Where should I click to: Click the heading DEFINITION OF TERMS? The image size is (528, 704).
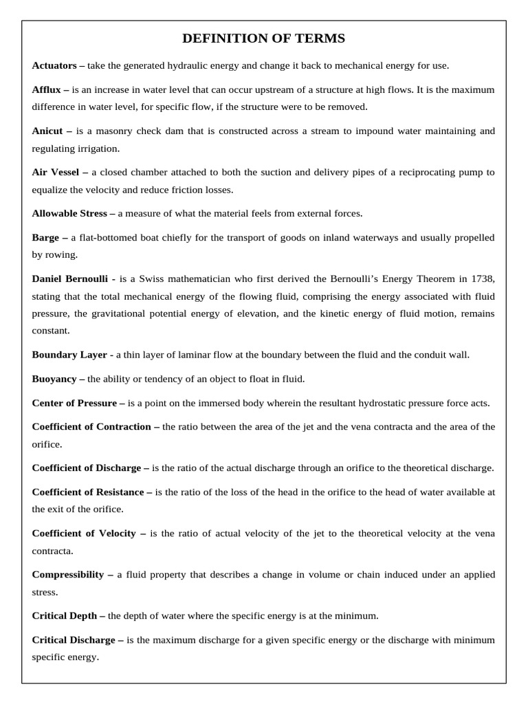(x=264, y=38)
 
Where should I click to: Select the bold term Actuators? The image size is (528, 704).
(x=55, y=66)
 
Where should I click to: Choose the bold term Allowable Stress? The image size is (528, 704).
(x=69, y=213)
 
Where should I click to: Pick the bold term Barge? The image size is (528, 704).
(x=46, y=237)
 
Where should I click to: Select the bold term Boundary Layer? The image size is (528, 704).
(x=69, y=355)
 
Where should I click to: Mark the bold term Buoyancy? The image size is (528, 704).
(x=54, y=379)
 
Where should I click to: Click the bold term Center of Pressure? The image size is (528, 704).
(x=75, y=403)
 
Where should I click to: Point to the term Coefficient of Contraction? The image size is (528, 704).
(x=91, y=427)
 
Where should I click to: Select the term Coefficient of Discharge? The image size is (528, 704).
(x=87, y=468)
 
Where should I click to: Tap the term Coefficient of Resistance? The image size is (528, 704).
(x=88, y=492)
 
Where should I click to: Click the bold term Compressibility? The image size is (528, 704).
(x=67, y=574)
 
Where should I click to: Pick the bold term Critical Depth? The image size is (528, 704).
(x=65, y=615)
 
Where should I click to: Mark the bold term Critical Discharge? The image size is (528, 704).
(x=74, y=639)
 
